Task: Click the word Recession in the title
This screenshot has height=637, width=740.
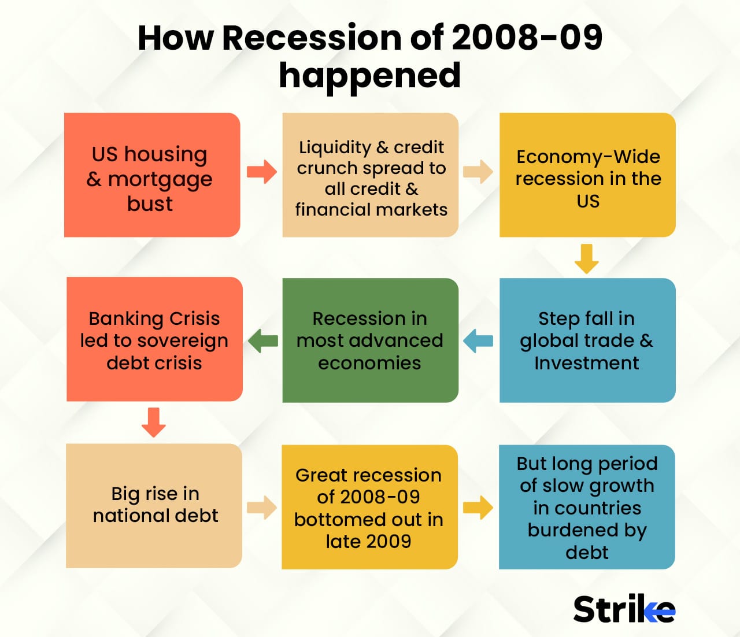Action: [312, 38]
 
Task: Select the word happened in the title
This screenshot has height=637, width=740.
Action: [370, 76]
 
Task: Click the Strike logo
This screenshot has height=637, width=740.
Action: [624, 609]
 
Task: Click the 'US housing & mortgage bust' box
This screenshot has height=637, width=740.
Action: [152, 175]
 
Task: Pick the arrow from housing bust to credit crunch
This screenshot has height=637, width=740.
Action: [262, 172]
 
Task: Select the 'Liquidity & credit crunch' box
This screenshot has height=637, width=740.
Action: [370, 175]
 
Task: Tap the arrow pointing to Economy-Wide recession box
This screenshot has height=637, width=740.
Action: [478, 172]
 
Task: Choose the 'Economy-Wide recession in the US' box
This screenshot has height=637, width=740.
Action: [587, 175]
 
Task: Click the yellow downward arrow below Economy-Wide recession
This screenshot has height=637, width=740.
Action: [586, 258]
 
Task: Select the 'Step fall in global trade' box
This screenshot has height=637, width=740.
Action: [587, 340]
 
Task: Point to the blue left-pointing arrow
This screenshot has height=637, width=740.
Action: [479, 340]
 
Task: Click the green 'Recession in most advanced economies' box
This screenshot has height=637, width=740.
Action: [370, 340]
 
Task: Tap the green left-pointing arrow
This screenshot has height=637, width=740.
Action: [263, 340]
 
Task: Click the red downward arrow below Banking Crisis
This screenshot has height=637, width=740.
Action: [154, 423]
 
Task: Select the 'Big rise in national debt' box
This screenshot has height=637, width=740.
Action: [154, 505]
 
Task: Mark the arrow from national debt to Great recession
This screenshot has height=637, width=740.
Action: [262, 507]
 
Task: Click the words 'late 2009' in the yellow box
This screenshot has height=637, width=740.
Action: [368, 542]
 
